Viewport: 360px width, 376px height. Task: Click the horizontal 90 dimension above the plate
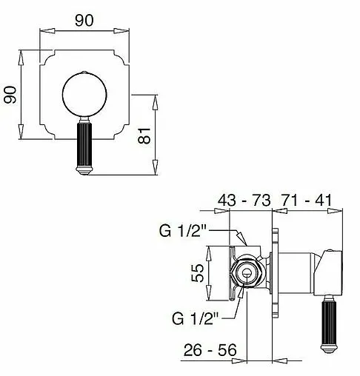coord(84,20)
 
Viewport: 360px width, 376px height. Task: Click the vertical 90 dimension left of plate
coord(10,95)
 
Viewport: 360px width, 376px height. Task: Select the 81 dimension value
coord(144,135)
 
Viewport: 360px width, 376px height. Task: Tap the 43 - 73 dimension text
coord(244,200)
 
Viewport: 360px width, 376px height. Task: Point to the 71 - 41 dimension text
coord(307,200)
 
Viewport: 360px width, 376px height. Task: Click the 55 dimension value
coord(198,273)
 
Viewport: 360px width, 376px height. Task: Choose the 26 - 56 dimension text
coord(210,349)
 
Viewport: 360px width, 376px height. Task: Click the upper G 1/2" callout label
coord(183,231)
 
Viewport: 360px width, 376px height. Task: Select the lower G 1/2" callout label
coord(196,318)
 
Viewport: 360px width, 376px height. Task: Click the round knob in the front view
coord(84,94)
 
